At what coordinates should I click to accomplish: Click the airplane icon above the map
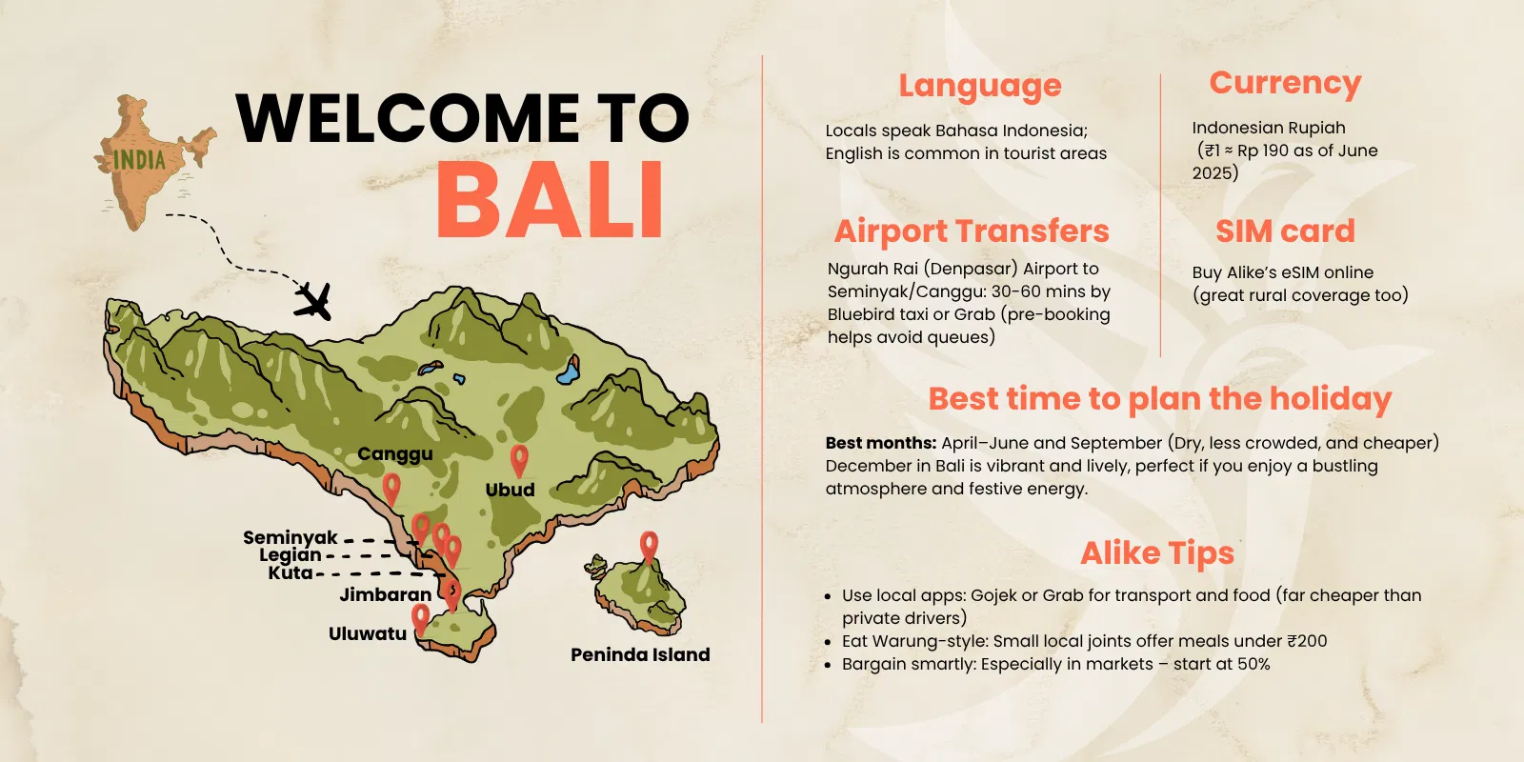(312, 301)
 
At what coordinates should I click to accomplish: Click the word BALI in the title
(550, 201)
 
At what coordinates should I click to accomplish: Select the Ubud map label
(511, 490)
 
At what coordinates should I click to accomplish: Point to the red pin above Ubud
(519, 459)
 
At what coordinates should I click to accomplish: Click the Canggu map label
(395, 454)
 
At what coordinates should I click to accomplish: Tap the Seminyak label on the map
(291, 537)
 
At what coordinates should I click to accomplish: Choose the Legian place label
(291, 554)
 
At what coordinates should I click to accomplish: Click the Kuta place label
(291, 572)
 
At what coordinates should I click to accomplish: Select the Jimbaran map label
(386, 594)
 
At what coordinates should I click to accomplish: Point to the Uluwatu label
(368, 633)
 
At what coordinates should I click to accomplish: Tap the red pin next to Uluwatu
(420, 619)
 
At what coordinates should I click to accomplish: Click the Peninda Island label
(640, 654)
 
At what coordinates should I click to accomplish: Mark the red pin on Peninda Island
(649, 547)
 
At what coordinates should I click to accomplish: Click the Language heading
(980, 86)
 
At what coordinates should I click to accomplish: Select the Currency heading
(1285, 83)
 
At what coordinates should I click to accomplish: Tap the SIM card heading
(1285, 231)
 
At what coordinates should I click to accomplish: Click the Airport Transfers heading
(972, 231)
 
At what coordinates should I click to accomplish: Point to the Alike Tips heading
(1157, 552)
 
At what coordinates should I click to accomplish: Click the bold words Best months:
(881, 443)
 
